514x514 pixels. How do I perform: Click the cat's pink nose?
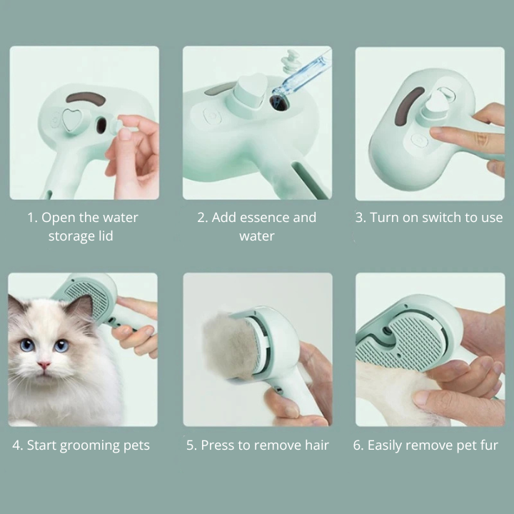[45, 365]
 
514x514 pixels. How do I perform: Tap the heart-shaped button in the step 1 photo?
[72, 120]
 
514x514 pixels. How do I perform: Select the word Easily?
[388, 445]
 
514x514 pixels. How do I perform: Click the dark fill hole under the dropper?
[278, 104]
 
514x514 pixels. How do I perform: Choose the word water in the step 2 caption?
[257, 236]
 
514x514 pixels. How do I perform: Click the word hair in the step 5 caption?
[315, 445]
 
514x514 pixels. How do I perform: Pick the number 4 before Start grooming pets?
[16, 445]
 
